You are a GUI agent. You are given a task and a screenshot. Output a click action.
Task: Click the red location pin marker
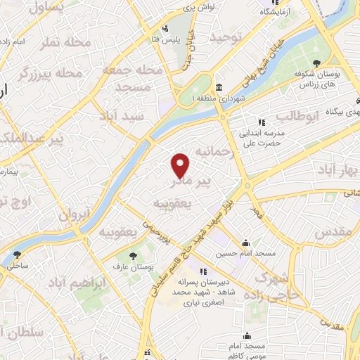point(181,165)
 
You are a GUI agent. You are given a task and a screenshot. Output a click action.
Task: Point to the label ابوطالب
point(297,116)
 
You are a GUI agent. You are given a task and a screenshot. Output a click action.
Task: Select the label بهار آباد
point(337,171)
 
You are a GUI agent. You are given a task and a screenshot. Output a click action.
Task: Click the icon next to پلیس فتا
point(164,29)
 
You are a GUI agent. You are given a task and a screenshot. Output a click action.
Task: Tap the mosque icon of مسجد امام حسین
point(245,242)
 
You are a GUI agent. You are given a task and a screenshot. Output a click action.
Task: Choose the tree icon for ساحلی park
point(16,255)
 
